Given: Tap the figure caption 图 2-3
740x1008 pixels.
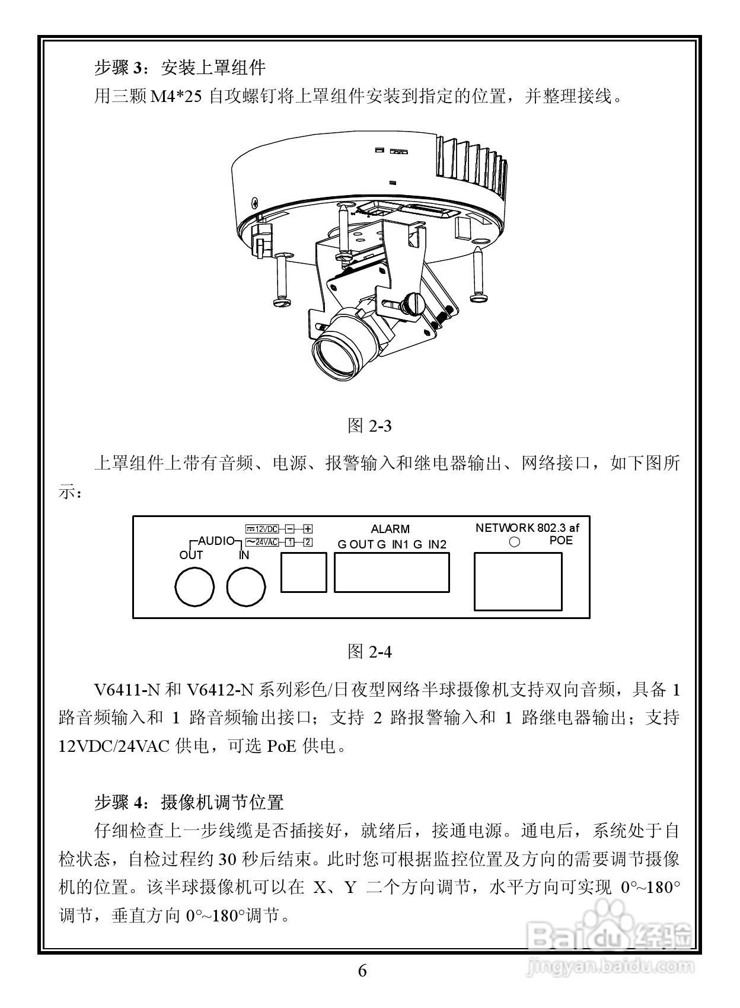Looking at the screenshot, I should tap(369, 426).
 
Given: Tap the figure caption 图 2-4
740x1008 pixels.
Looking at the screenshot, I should tap(369, 652).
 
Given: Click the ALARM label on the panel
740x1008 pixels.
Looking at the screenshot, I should tap(390, 529).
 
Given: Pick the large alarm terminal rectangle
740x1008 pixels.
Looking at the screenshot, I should tap(391, 572).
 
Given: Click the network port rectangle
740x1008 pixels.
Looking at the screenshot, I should tap(518, 581).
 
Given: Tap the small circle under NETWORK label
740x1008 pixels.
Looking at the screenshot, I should tap(515, 542).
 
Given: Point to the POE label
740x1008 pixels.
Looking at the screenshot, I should tap(561, 541).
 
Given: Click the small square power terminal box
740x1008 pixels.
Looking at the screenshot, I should tap(304, 572).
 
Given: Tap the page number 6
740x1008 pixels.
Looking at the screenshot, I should tap(362, 971).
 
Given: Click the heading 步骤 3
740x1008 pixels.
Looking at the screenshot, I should tap(120, 68).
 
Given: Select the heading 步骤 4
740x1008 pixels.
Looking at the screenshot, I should tap(120, 802).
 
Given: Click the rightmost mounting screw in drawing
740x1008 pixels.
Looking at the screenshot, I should tap(479, 275).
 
